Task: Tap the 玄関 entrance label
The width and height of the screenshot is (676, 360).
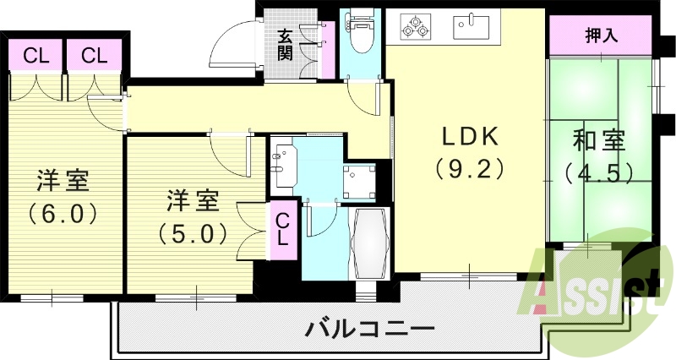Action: coord(284,46)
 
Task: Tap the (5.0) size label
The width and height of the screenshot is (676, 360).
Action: coord(192,230)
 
